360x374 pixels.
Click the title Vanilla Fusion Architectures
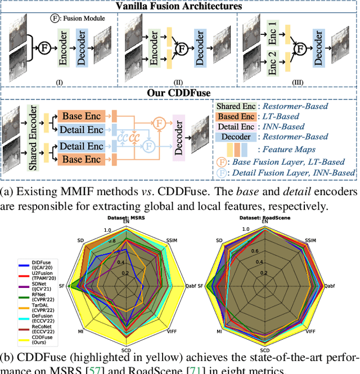click(179, 7)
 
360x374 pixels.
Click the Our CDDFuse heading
click(179, 92)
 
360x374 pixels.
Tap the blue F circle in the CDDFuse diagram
click(148, 146)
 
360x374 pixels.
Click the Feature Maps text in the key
click(285, 149)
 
